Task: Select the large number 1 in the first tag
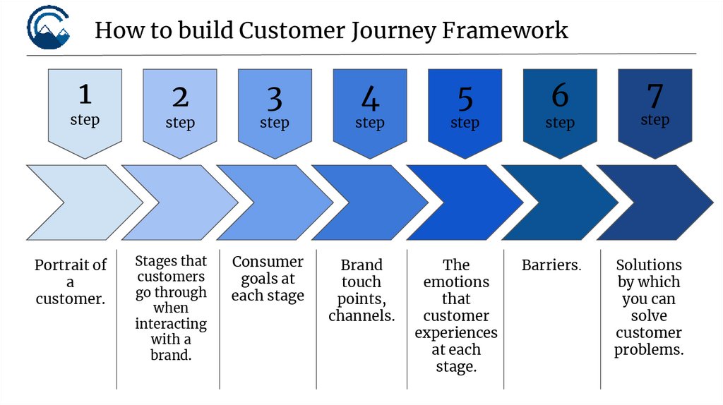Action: (x=85, y=94)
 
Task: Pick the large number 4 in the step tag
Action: (x=370, y=99)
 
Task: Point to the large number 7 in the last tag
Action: (x=655, y=95)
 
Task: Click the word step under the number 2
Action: (x=180, y=123)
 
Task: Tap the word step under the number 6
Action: (x=560, y=123)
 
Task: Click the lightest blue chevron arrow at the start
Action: (x=78, y=202)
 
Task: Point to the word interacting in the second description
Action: (x=171, y=324)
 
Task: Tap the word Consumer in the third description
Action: (x=268, y=262)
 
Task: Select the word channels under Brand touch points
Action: (x=361, y=315)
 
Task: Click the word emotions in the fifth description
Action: (x=456, y=282)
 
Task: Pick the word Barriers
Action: (x=551, y=265)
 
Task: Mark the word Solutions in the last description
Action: (x=649, y=265)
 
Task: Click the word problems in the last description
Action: (x=649, y=350)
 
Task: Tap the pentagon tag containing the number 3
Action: (x=275, y=109)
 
